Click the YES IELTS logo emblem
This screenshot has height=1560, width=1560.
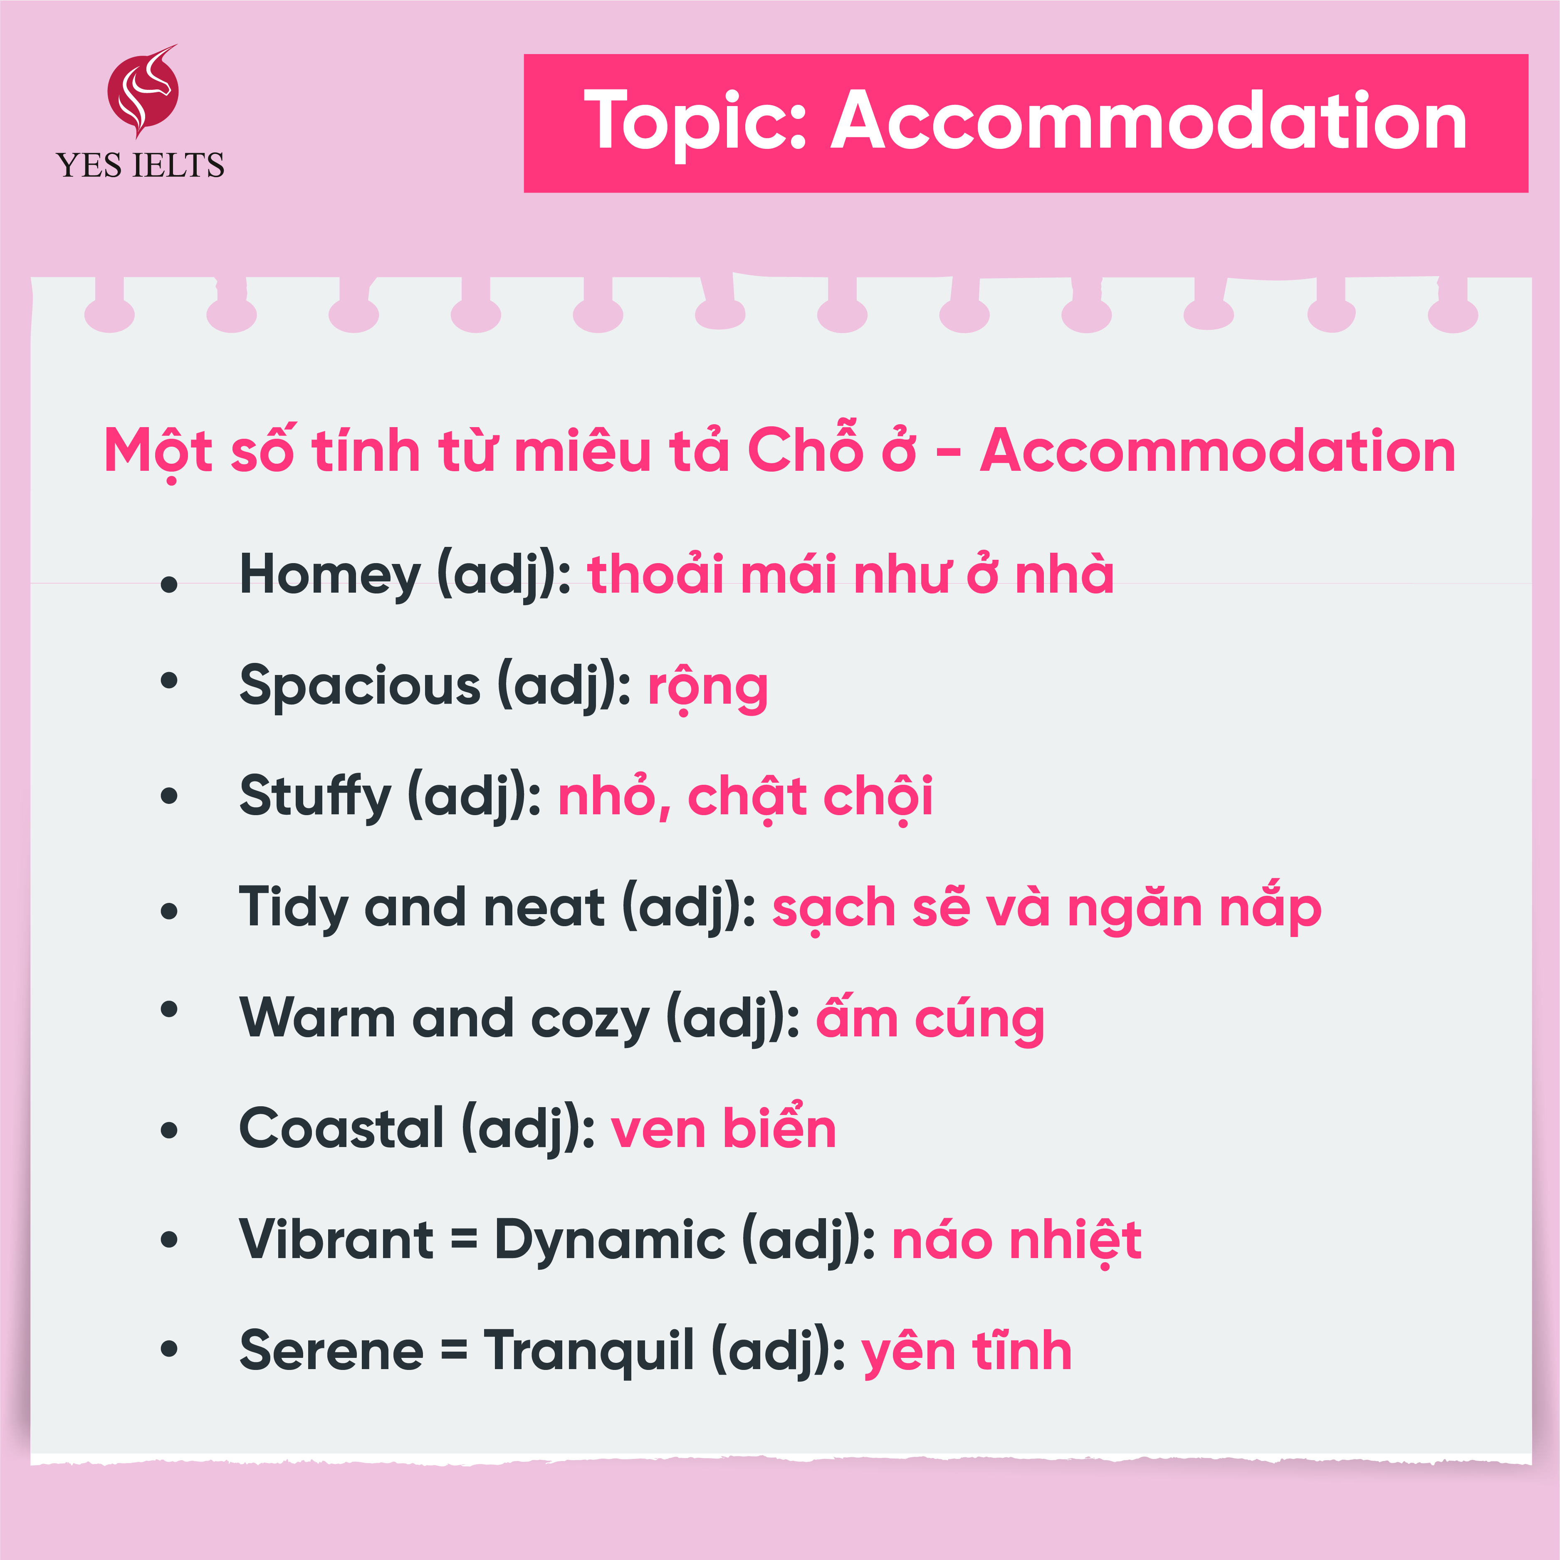(x=143, y=90)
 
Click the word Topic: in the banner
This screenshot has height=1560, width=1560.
(x=696, y=121)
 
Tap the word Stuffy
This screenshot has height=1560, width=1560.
(x=316, y=797)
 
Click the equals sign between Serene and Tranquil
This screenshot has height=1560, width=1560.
(x=454, y=1349)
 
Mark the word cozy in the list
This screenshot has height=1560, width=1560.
(x=590, y=1021)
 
